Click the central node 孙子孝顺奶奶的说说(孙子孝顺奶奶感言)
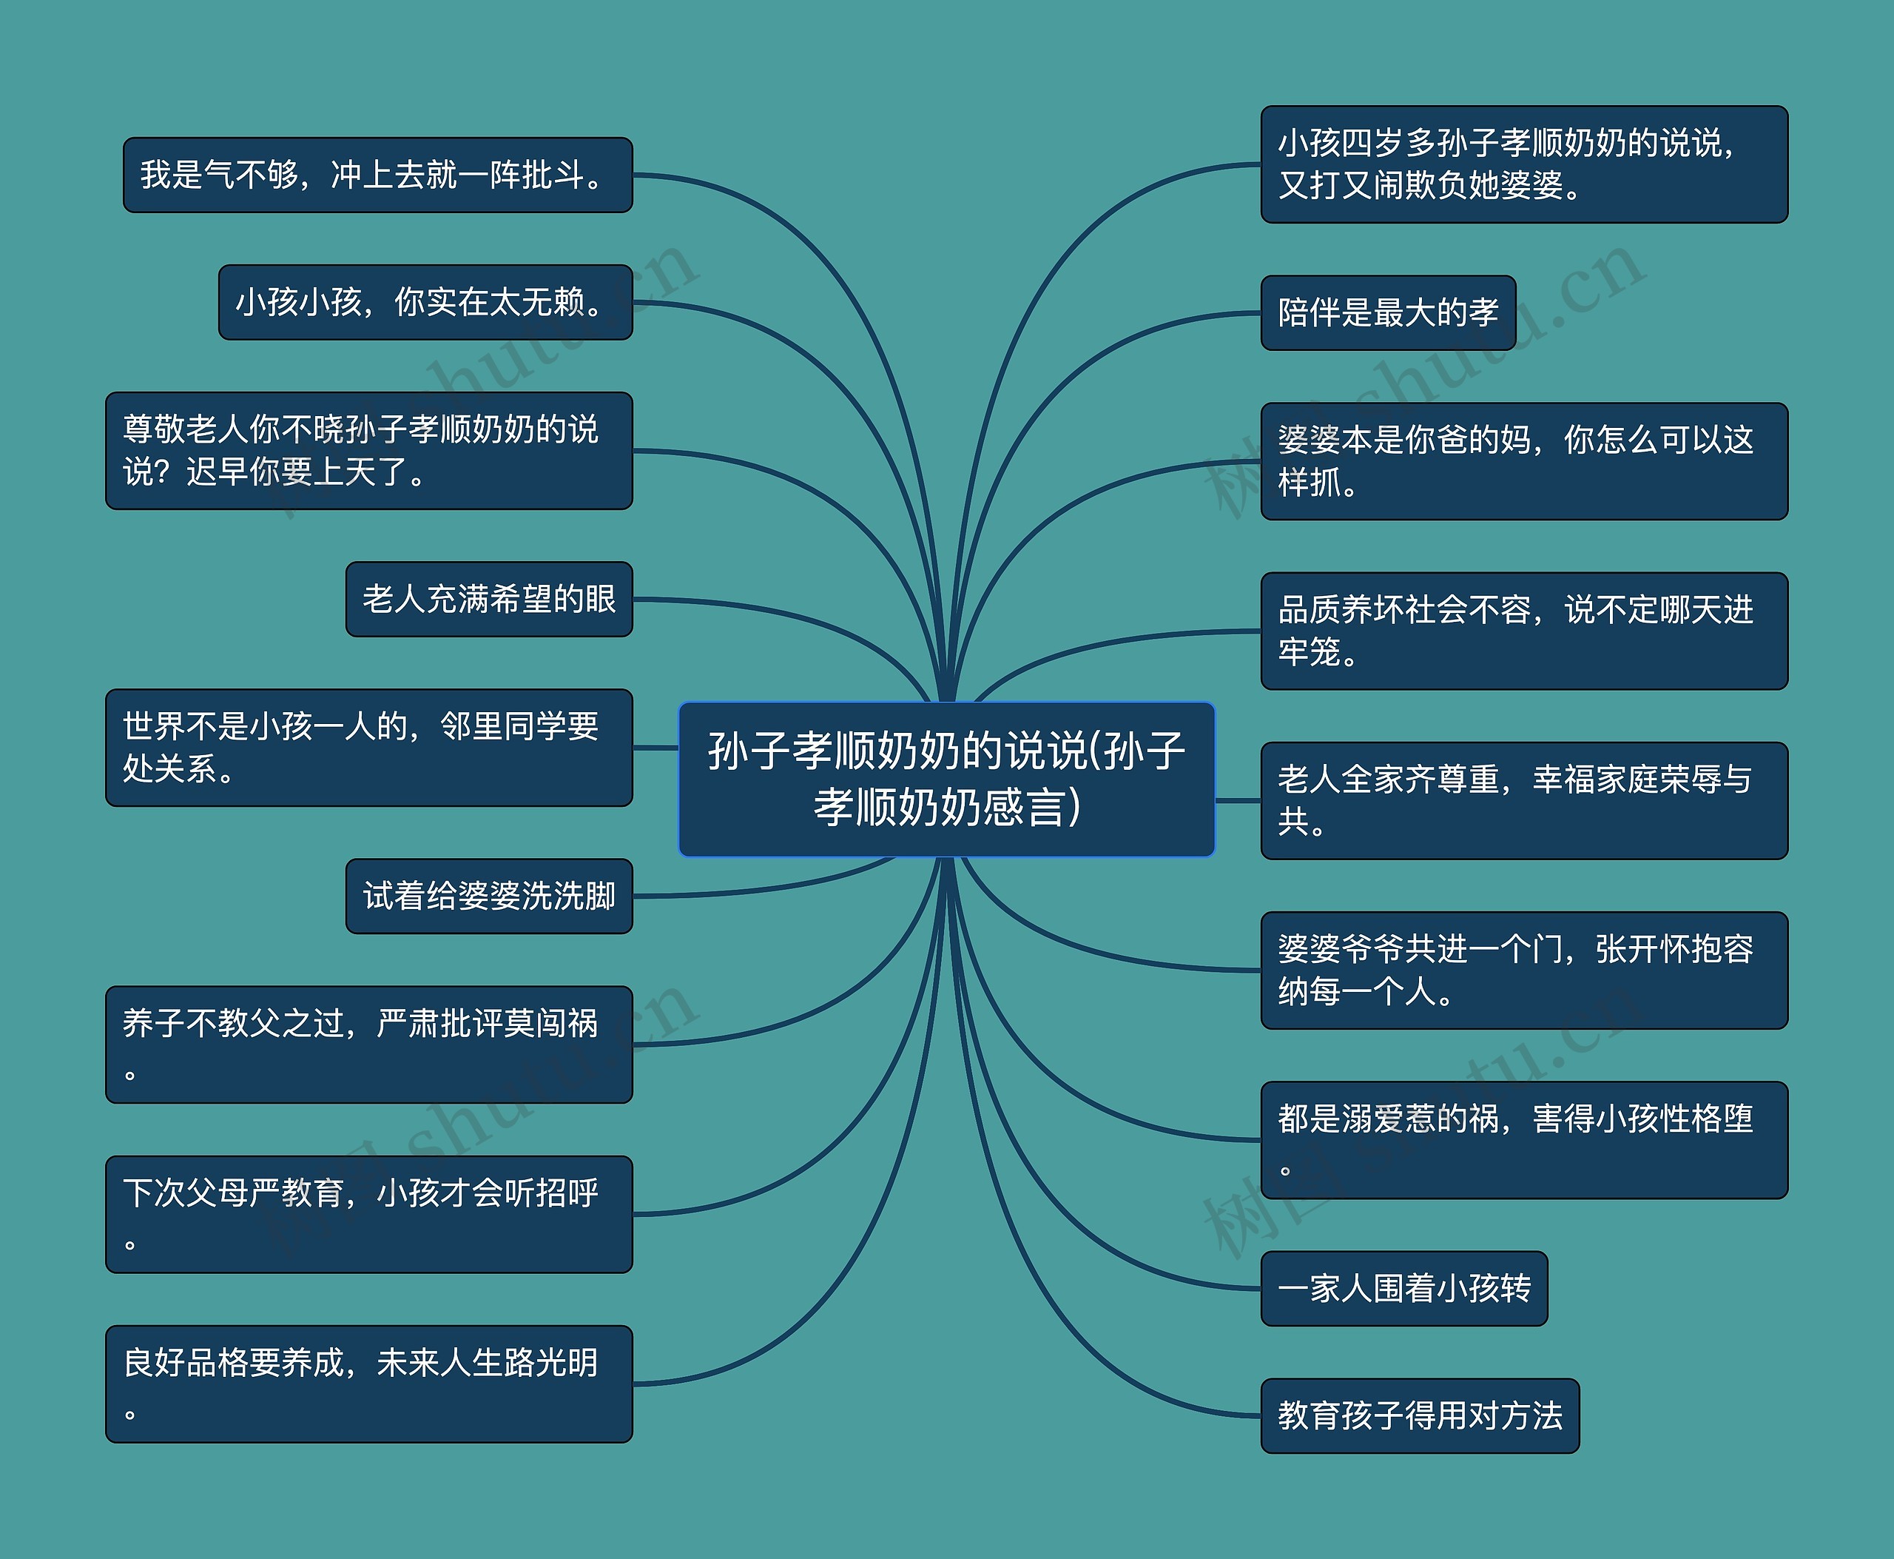click(x=946, y=778)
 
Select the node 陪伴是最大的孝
click(x=1388, y=312)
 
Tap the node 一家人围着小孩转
click(x=1404, y=1288)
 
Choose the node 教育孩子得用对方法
click(x=1419, y=1415)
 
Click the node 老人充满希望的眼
click(x=489, y=599)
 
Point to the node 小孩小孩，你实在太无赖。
click(x=425, y=302)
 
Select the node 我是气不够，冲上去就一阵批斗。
click(x=377, y=175)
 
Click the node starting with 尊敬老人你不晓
click(x=369, y=451)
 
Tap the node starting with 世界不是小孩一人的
click(x=369, y=747)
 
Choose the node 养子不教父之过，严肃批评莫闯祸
click(x=369, y=1045)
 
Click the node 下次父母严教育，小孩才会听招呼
click(x=369, y=1214)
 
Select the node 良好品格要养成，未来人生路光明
click(x=369, y=1384)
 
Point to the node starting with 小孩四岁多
click(x=1524, y=164)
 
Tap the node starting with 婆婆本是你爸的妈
click(x=1524, y=460)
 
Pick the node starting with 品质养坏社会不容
click(x=1524, y=631)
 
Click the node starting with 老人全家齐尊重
click(x=1524, y=800)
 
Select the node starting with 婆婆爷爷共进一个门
click(x=1524, y=970)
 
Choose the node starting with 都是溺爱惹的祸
click(x=1524, y=1139)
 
